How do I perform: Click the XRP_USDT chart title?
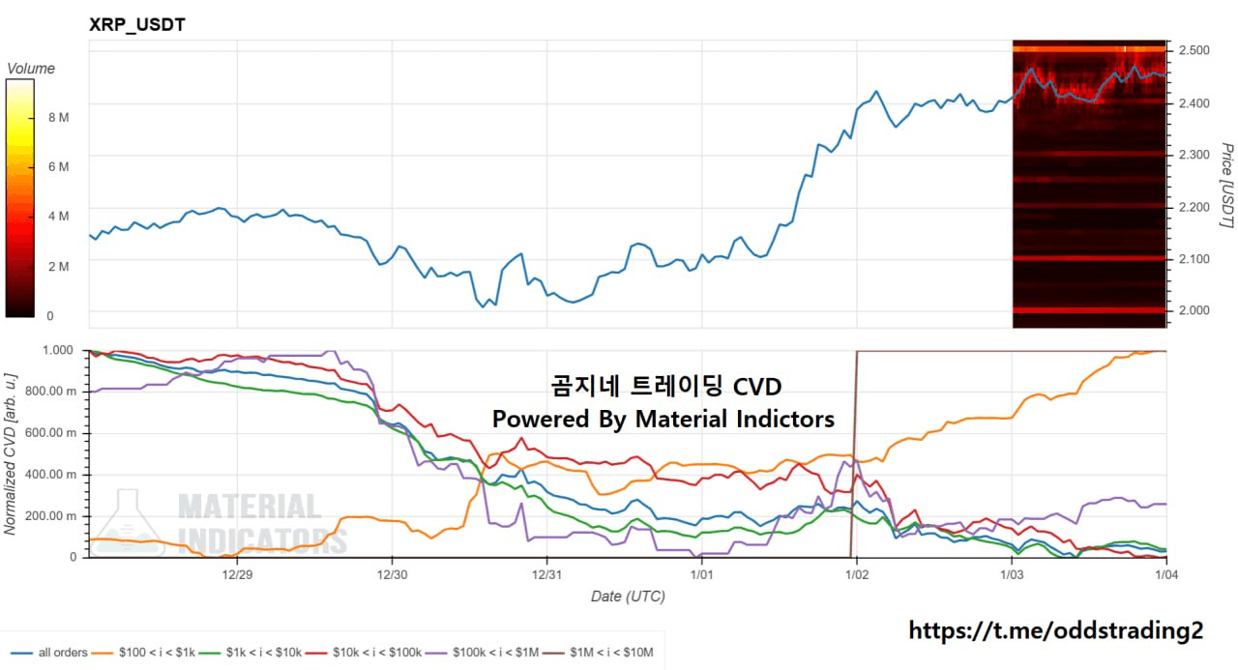coord(137,25)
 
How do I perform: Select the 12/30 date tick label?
coord(392,573)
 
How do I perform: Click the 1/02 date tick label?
coord(857,573)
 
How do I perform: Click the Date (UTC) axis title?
coord(628,597)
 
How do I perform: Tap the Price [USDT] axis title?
coord(1226,186)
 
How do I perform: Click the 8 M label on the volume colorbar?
coord(57,117)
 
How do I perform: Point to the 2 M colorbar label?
coord(57,266)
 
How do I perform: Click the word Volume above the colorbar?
coord(31,69)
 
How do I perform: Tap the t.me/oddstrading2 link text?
coord(1056,631)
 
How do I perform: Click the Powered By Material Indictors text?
coord(663,419)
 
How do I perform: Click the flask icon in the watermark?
coord(131,522)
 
